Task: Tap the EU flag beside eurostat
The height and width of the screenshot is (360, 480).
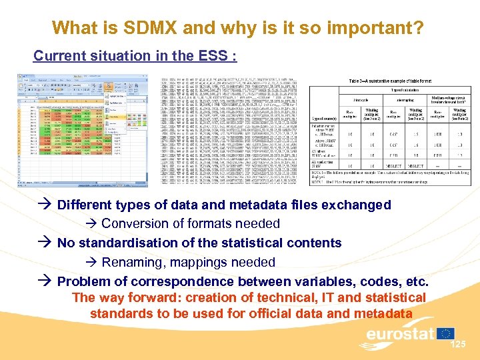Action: [x=446, y=333]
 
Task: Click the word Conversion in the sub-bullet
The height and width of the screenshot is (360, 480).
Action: [x=134, y=223]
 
